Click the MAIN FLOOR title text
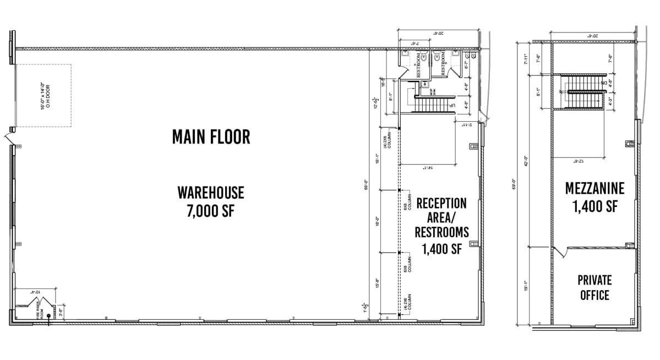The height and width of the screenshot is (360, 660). pyautogui.click(x=211, y=137)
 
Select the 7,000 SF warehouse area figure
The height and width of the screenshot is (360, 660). pyautogui.click(x=211, y=211)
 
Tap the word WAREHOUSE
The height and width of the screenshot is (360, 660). pyautogui.click(x=211, y=193)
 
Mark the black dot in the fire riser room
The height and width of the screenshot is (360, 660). pyautogui.click(x=49, y=316)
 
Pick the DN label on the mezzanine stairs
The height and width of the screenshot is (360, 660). pyautogui.click(x=604, y=83)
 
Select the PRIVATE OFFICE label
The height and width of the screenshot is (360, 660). pyautogui.click(x=594, y=287)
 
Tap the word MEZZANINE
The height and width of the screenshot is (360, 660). pyautogui.click(x=594, y=189)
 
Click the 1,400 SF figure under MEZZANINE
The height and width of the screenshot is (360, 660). pyautogui.click(x=594, y=207)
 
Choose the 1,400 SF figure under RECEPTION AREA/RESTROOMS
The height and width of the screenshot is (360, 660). pyautogui.click(x=441, y=249)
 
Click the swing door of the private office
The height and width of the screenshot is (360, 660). pyautogui.click(x=560, y=253)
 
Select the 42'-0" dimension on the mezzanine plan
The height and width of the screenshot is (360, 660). pyautogui.click(x=526, y=161)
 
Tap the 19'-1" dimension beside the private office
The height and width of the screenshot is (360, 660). pyautogui.click(x=526, y=286)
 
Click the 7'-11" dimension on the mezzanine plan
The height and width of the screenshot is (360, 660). pyautogui.click(x=526, y=58)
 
